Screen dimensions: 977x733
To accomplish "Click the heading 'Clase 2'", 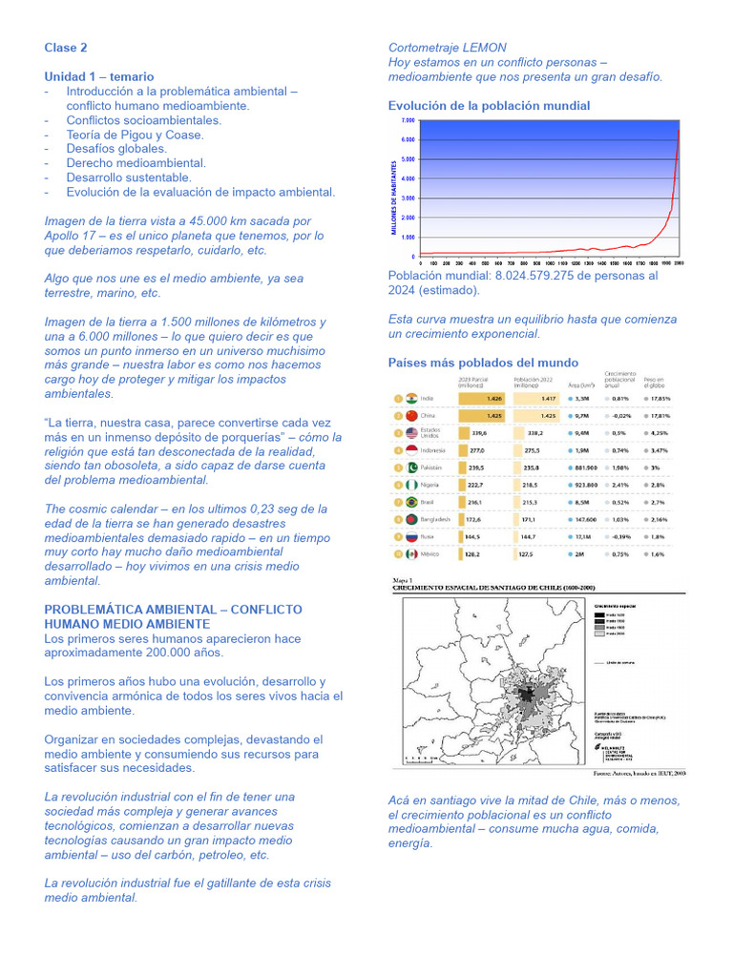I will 66,47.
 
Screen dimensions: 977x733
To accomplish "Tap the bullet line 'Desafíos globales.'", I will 116,149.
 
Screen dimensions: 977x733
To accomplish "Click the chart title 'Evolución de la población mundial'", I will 489,106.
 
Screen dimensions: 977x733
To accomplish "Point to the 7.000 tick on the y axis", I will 408,121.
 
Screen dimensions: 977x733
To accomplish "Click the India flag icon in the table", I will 411,398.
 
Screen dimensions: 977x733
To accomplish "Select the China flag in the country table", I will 411,416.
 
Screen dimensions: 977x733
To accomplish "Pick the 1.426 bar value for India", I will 493,398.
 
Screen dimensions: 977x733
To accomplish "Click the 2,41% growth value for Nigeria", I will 619,485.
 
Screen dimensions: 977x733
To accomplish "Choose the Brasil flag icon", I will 411,502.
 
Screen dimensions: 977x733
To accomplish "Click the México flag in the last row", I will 411,553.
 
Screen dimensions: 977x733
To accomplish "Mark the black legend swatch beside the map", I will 600,613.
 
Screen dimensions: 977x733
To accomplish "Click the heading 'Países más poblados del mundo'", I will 483,363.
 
